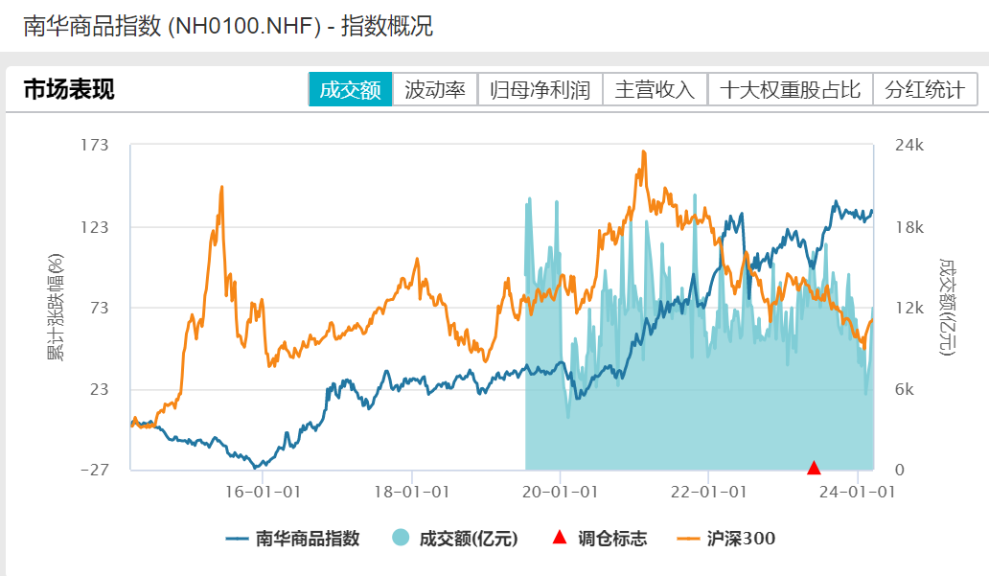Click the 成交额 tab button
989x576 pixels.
point(351,90)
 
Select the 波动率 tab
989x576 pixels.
point(435,90)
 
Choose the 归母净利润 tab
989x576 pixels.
point(540,90)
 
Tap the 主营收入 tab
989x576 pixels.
point(655,90)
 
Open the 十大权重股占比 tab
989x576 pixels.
point(791,90)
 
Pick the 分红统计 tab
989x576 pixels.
point(925,90)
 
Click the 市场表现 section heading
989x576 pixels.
point(69,90)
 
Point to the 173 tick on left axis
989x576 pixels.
point(96,146)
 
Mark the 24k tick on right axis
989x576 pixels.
point(908,146)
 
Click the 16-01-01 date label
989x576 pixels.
point(263,492)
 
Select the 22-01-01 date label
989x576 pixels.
point(707,492)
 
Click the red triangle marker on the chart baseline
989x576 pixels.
point(814,469)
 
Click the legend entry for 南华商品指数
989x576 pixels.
point(293,539)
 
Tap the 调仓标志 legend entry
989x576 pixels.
point(600,539)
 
